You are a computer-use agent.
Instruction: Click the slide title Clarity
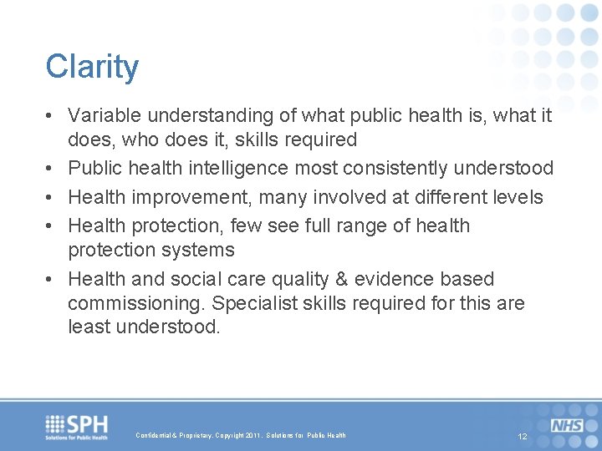[x=92, y=67]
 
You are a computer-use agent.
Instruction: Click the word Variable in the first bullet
[x=99, y=114]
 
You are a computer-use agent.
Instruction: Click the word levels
[x=517, y=197]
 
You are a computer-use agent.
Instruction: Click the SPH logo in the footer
[x=77, y=427]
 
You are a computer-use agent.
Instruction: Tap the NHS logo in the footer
[x=568, y=426]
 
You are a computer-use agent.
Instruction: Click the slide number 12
[x=523, y=437]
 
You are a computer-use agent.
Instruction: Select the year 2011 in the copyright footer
[x=253, y=435]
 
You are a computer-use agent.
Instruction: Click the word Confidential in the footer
[x=154, y=435]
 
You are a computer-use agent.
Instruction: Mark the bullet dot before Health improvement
[x=53, y=197]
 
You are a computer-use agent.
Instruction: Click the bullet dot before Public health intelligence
[x=53, y=168]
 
